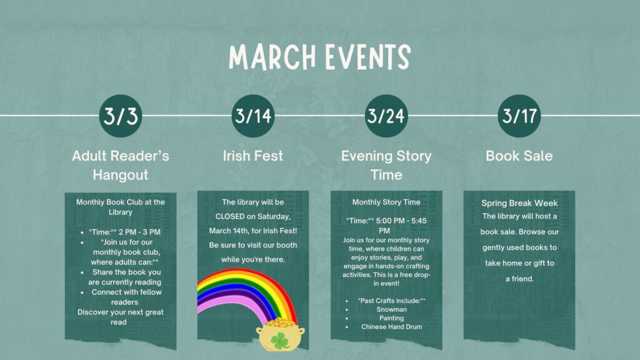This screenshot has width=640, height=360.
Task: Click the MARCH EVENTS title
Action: click(319, 57)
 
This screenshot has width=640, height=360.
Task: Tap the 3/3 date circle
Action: click(121, 116)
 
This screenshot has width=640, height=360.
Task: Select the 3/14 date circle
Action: click(253, 116)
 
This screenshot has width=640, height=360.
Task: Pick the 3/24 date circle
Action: click(386, 116)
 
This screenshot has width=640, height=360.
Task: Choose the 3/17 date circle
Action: click(519, 116)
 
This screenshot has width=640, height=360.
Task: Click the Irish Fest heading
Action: click(253, 156)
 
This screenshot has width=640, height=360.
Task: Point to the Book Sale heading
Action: click(519, 156)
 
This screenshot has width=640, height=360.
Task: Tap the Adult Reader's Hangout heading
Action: click(121, 164)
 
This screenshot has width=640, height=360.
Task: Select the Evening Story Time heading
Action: click(386, 164)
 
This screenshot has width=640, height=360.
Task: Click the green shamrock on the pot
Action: click(281, 341)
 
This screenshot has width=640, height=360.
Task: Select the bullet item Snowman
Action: click(392, 309)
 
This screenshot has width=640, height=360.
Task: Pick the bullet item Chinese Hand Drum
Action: click(392, 327)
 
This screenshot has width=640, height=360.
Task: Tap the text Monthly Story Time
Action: click(386, 202)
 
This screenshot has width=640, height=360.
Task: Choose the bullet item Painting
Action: click(392, 318)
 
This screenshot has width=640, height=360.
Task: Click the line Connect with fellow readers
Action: click(126, 297)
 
